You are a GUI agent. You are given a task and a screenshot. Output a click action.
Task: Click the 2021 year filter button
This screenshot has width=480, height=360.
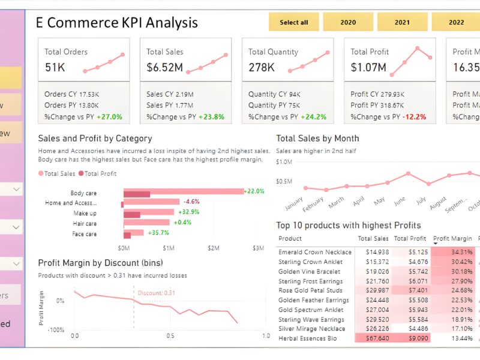pos(402,22)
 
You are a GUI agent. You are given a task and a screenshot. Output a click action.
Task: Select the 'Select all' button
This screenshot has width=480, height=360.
pos(293,22)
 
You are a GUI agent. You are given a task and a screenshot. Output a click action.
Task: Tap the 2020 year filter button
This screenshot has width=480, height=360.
pos(348,22)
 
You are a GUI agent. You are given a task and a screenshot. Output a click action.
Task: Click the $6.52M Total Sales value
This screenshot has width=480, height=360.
pos(164,67)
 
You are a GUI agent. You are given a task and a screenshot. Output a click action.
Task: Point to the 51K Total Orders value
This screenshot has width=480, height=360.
pos(55,67)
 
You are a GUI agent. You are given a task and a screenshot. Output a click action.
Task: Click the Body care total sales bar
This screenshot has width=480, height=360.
pos(184,192)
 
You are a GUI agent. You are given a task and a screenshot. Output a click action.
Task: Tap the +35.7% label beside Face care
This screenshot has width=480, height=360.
pos(159,233)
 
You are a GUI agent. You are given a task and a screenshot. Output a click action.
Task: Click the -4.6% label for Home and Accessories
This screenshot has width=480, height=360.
pos(191,202)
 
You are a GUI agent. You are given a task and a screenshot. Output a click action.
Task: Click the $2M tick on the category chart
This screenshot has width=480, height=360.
pos(214,248)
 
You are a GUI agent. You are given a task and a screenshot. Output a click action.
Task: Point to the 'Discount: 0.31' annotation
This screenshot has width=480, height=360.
pos(157,293)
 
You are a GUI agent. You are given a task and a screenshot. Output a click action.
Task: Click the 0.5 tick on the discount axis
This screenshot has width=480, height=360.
pos(170,336)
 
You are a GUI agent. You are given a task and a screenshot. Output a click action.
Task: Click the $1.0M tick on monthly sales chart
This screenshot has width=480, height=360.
pos(284,162)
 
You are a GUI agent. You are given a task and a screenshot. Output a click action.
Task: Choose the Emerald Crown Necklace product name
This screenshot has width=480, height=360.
pos(314,253)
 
